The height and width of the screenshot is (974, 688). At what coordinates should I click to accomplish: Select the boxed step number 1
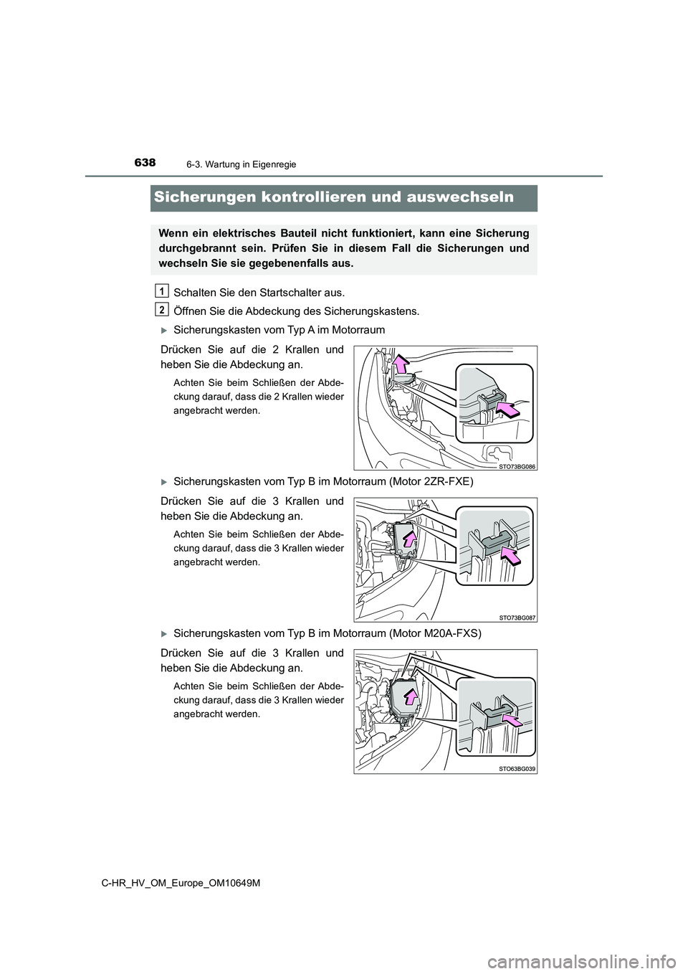[x=163, y=290]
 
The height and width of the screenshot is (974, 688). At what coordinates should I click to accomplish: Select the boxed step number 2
[x=163, y=309]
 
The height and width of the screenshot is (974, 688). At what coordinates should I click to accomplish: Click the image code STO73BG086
[x=517, y=465]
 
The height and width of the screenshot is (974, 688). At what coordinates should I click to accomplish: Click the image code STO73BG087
[x=517, y=617]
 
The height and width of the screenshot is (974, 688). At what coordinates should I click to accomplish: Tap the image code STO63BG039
[x=517, y=768]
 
